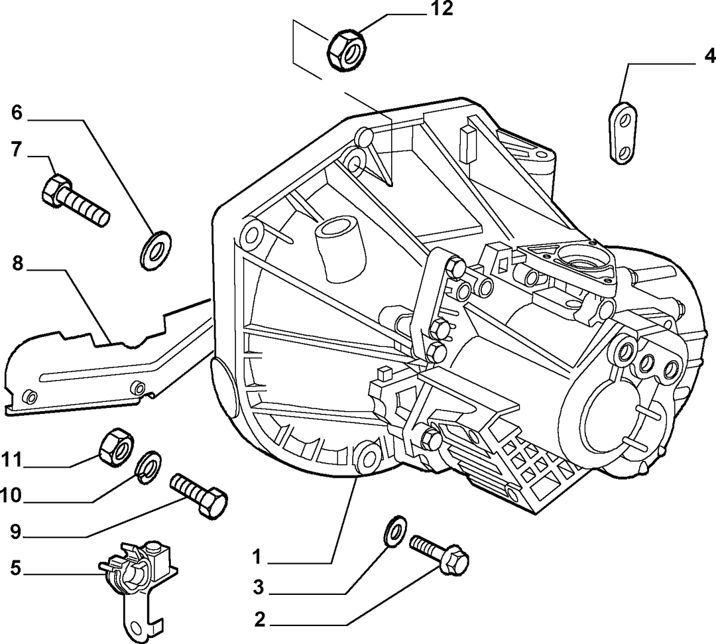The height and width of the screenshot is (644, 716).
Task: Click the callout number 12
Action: tap(440, 9)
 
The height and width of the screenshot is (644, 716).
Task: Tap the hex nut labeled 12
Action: tap(347, 50)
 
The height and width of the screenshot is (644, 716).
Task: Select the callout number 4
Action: tap(709, 56)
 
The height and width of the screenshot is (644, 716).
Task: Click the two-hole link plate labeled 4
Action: tap(623, 132)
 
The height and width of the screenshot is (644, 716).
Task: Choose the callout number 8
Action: tap(17, 263)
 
